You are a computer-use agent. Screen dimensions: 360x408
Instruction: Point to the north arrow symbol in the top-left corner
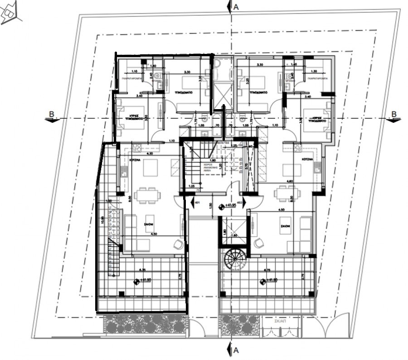(x=10, y=14)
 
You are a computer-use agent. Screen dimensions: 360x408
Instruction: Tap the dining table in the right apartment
(x=287, y=194)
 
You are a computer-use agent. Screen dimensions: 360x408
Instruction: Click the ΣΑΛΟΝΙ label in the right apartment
(x=284, y=225)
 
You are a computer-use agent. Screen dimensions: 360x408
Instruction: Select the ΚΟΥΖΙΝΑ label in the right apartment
(x=308, y=160)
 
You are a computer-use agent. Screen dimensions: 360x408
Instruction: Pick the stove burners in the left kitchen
(x=136, y=146)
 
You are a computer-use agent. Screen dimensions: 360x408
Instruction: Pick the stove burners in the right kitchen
(x=298, y=146)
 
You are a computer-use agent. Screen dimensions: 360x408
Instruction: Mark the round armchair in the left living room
(x=179, y=244)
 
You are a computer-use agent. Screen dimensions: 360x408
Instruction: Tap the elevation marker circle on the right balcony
(x=262, y=282)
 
